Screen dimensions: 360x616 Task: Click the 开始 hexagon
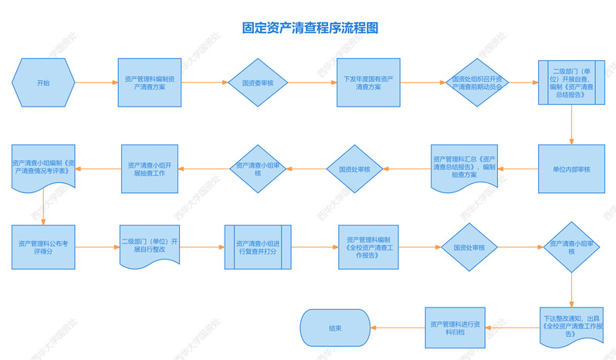(43, 83)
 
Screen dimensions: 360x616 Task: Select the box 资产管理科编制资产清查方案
(149, 83)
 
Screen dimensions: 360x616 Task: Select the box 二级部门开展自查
(570, 83)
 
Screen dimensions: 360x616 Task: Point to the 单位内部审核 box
(571, 169)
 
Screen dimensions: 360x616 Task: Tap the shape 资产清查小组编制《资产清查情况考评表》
(42, 168)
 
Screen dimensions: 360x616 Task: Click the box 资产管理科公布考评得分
(43, 246)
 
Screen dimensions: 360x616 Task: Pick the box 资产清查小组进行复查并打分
(259, 246)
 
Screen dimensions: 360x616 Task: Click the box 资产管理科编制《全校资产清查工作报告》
(369, 246)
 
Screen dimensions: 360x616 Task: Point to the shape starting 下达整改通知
(571, 326)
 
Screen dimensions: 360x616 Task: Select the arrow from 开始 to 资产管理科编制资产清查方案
(96, 83)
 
